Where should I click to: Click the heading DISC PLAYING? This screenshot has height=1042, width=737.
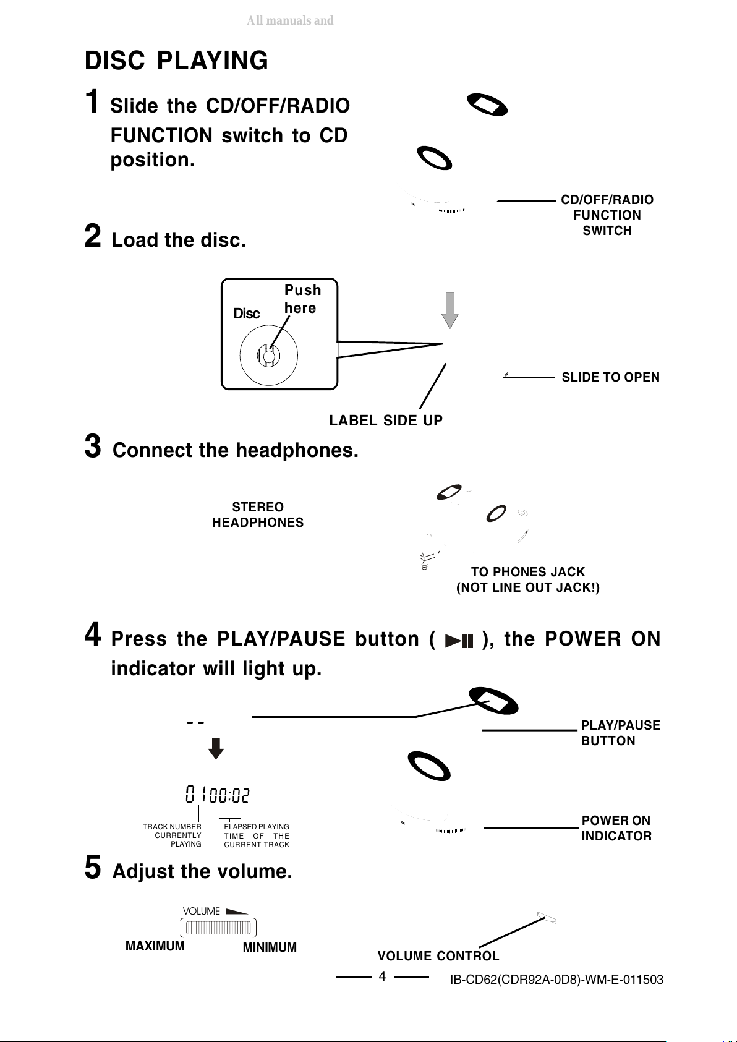pos(176,61)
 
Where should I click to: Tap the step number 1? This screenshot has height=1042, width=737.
pos(92,101)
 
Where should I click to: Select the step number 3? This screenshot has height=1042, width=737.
pos(92,446)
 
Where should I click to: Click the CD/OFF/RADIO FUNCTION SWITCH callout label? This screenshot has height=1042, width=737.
pos(607,215)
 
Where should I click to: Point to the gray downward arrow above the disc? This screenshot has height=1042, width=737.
pos(450,310)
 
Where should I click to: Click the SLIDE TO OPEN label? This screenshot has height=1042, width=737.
pos(610,377)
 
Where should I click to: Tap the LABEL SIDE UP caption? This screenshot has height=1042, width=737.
pos(386,421)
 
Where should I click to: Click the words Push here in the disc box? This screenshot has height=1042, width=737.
pos(302,299)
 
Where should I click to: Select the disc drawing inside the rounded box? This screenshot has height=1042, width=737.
pos(269,356)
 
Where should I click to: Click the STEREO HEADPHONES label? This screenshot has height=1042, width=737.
pos(258,515)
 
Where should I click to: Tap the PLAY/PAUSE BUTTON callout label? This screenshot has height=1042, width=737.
pos(620,733)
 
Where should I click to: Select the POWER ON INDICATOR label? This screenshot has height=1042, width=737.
pos(616,828)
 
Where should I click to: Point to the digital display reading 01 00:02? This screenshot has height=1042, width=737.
pos(218,795)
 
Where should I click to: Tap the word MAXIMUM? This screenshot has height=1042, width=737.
pos(155,946)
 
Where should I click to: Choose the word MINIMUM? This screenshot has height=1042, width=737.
pos(270,947)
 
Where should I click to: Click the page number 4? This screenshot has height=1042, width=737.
pos(382,976)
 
